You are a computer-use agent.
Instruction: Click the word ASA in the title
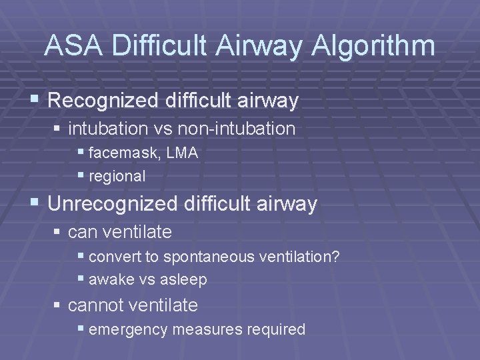(x=75, y=46)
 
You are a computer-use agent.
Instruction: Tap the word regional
(x=117, y=177)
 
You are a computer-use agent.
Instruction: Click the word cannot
(x=96, y=305)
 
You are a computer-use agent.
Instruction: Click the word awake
(x=111, y=279)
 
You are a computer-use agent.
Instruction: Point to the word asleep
(x=183, y=279)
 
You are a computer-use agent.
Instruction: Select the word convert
(x=113, y=256)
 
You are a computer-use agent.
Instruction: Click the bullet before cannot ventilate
(x=58, y=305)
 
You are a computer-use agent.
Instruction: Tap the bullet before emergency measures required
(x=81, y=329)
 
